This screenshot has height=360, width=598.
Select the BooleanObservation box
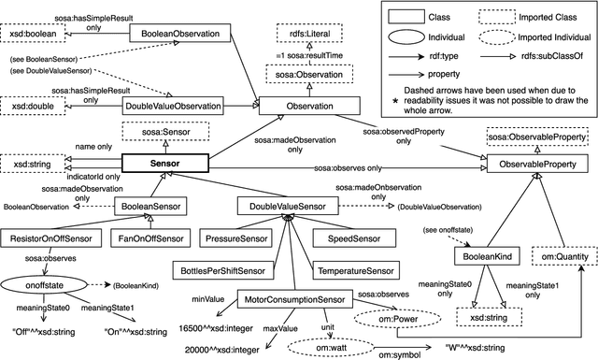(175, 35)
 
